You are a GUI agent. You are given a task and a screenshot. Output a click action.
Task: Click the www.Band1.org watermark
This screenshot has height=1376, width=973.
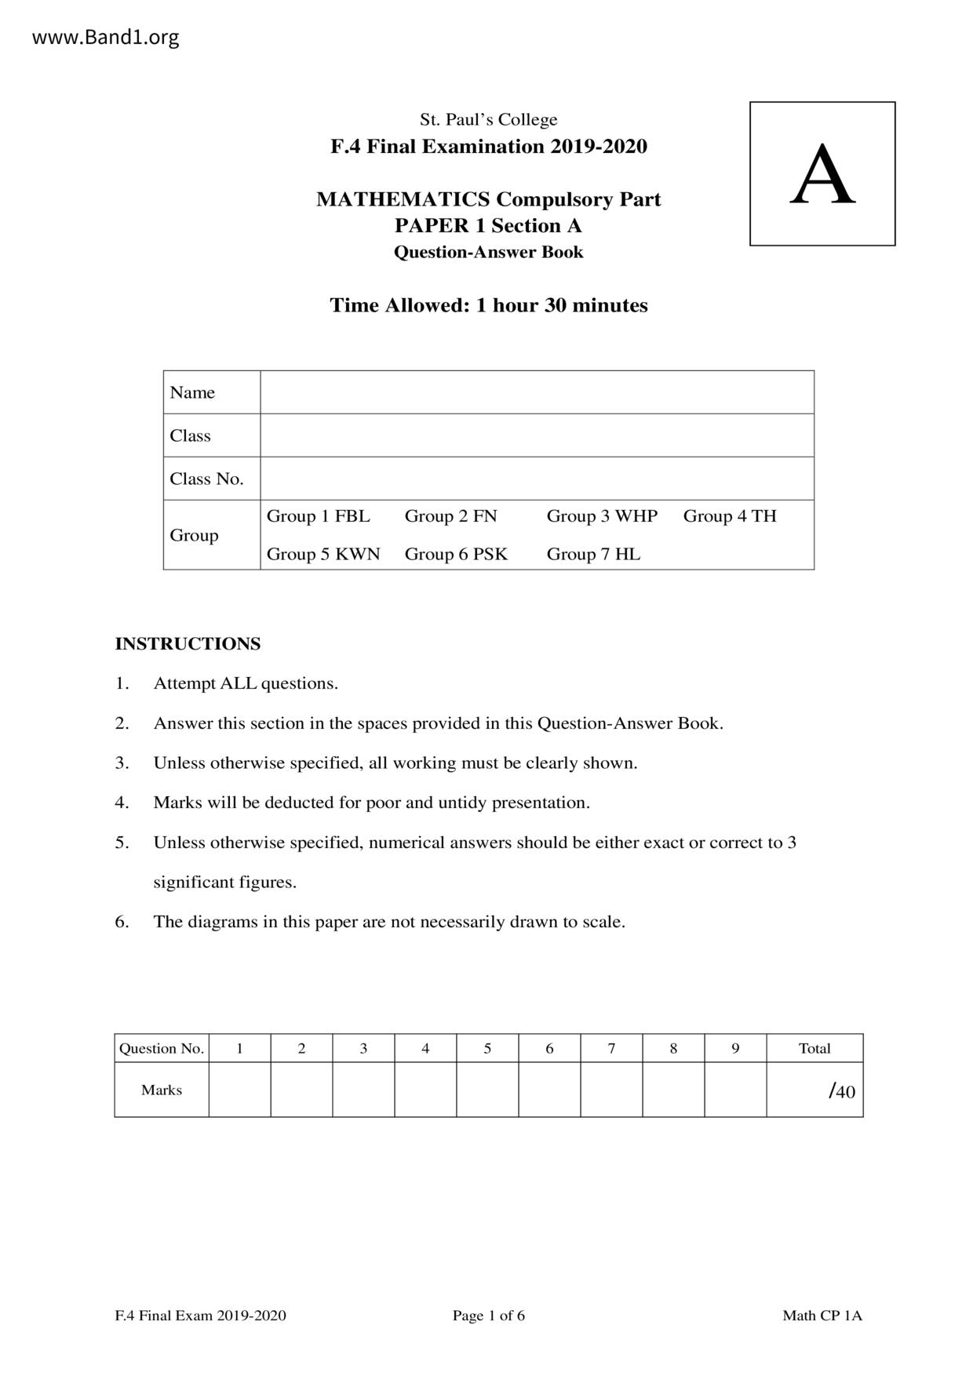(106, 37)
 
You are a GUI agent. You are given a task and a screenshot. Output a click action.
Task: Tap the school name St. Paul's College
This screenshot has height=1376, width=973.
(488, 120)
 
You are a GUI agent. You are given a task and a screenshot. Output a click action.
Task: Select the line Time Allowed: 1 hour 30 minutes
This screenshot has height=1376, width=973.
(488, 305)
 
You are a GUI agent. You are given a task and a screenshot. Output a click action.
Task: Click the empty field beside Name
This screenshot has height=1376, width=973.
(537, 392)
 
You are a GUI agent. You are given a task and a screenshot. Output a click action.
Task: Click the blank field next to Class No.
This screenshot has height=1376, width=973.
(537, 479)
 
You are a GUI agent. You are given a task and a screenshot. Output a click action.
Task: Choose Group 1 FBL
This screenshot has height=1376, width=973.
(318, 516)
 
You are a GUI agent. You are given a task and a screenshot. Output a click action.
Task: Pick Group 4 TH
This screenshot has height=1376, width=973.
(729, 516)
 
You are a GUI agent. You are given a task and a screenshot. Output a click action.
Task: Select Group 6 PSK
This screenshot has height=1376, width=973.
(456, 554)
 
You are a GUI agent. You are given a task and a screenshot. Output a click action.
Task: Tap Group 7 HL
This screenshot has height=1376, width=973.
(593, 554)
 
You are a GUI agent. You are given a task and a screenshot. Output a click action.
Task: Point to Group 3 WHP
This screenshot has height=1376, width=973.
(602, 516)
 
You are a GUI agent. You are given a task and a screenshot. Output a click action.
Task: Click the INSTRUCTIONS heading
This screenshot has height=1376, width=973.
(188, 644)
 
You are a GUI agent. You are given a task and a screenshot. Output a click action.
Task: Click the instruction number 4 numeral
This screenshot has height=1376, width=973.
(122, 803)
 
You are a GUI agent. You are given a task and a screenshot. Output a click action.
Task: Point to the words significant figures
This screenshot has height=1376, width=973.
(224, 883)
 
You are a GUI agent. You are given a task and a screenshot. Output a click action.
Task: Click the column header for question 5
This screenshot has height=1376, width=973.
(487, 1048)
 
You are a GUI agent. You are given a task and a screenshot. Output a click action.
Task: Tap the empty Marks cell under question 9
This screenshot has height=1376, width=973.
(735, 1090)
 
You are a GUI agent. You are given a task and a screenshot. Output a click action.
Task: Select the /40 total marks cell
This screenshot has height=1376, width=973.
(814, 1090)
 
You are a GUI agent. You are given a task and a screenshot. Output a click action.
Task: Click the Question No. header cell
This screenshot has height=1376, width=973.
(162, 1048)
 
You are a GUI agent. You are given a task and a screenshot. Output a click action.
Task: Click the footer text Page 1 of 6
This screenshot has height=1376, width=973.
(488, 1316)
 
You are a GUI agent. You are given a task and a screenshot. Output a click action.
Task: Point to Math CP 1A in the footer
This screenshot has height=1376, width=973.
(822, 1316)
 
